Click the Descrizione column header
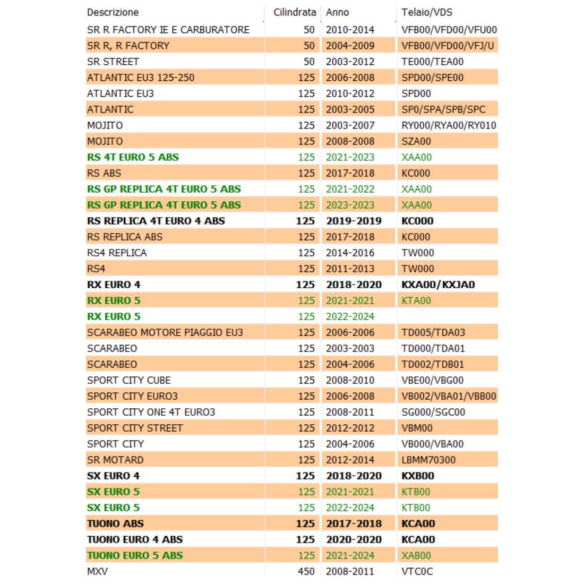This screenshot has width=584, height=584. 113,12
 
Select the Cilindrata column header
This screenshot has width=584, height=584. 295,12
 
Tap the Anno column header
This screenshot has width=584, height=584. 337,12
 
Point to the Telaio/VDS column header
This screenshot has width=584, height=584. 427,12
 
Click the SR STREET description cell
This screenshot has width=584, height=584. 113,62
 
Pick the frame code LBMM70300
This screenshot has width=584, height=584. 428,460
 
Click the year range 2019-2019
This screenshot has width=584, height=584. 354,221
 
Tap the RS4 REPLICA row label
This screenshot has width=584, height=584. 117,253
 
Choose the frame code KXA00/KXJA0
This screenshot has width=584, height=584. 438,285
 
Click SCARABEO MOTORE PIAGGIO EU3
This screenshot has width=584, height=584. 165,332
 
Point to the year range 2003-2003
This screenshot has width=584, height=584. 350,348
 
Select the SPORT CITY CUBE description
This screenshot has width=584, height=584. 129,380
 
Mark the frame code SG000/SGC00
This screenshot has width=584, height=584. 433,412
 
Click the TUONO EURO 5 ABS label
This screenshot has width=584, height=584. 135,555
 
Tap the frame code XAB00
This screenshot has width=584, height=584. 416,555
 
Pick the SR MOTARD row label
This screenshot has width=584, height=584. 115,460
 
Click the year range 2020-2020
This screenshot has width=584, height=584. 354,539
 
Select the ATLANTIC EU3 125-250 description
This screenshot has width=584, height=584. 141,78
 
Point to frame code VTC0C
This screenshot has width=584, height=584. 417,571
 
